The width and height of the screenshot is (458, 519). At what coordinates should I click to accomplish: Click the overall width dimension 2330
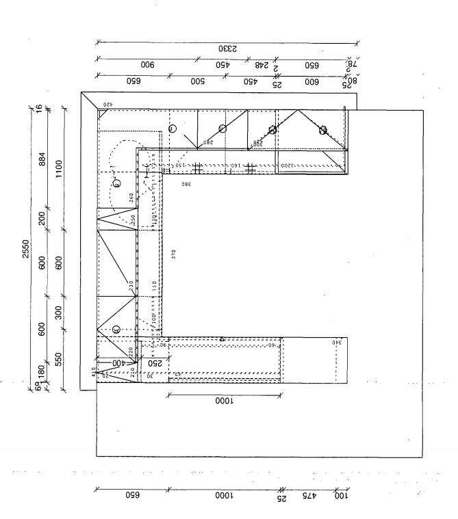(x=227, y=49)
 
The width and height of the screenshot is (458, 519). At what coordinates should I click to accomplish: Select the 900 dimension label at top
(x=147, y=65)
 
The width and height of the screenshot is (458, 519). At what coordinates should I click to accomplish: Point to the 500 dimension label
(x=199, y=81)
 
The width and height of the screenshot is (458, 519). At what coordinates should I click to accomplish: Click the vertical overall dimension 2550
(x=25, y=249)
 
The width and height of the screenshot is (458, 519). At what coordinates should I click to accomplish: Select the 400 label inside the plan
(x=119, y=363)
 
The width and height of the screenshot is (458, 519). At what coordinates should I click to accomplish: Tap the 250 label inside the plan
(x=155, y=363)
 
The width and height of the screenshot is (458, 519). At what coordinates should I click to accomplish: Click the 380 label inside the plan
(x=186, y=185)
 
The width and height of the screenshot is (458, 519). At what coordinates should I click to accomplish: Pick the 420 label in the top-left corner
(x=107, y=104)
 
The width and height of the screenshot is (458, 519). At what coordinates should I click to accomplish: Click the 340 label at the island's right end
(x=336, y=342)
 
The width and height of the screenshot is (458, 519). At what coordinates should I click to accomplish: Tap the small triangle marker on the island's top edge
(x=222, y=339)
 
